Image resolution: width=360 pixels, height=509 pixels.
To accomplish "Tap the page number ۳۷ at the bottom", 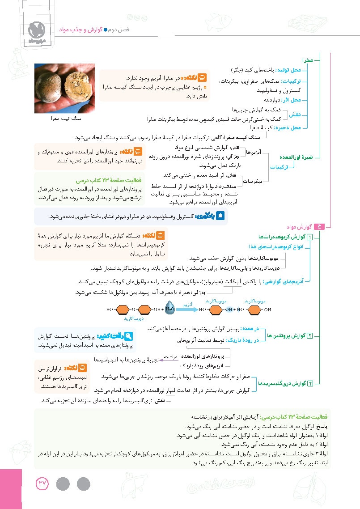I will pyautogui.click(x=42, y=483).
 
